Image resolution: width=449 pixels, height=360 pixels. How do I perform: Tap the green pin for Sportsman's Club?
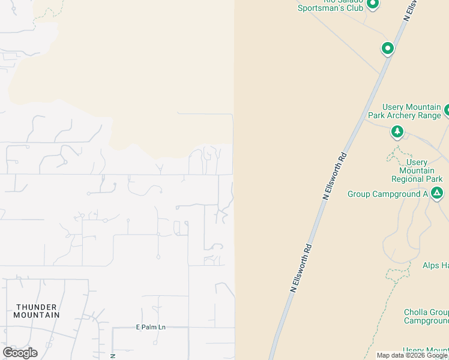[373, 4]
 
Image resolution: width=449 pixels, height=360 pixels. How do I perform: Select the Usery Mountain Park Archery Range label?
[405, 111]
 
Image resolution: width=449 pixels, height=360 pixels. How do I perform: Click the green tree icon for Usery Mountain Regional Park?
[397, 131]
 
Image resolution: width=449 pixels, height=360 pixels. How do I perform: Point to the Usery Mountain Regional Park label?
[417, 170]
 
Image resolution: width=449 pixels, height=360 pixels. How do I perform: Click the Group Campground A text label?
[387, 194]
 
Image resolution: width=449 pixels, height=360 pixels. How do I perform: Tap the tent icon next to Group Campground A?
[437, 193]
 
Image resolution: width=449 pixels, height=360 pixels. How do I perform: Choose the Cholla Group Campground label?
[426, 316]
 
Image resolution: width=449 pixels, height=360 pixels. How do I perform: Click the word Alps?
[432, 265]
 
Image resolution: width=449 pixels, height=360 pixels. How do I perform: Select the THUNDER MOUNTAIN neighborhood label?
[37, 311]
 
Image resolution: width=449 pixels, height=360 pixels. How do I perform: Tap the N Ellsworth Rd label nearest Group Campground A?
[335, 175]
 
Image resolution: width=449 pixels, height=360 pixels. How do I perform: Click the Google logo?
[20, 353]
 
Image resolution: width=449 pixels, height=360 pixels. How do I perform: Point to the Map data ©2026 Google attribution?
[411, 355]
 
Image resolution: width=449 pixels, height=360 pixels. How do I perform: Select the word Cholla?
[416, 312]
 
